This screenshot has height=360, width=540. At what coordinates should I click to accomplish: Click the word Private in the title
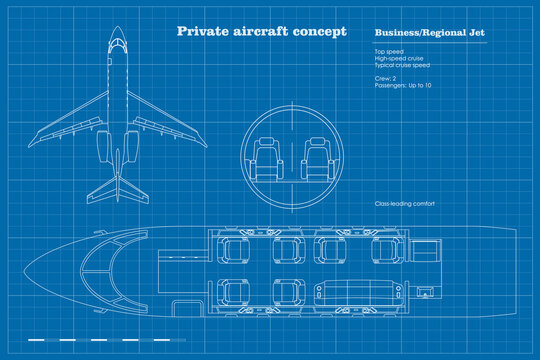tap(200, 31)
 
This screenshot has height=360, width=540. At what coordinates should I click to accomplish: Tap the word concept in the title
tap(319, 31)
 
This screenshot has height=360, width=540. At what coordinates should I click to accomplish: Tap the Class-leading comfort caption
tap(404, 204)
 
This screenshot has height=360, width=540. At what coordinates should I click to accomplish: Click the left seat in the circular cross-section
tap(268, 158)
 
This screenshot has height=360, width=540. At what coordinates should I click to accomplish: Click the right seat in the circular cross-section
tap(315, 158)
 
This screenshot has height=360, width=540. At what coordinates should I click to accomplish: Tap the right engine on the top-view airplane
tap(136, 146)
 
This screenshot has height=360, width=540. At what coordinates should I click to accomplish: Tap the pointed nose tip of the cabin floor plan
tap(23, 268)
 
